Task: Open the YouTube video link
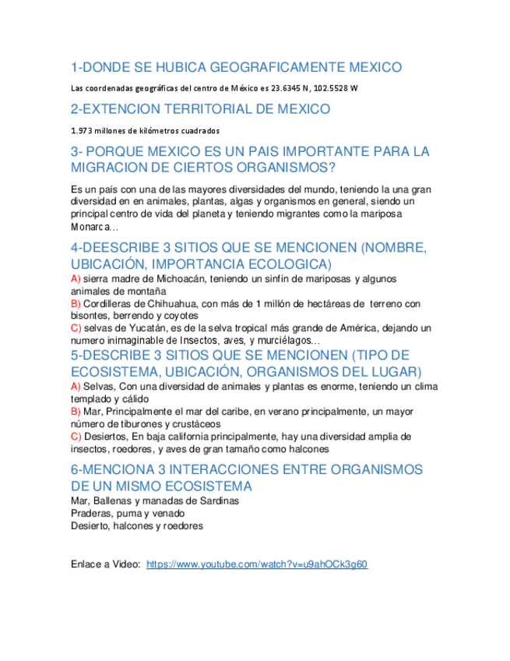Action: coord(257,564)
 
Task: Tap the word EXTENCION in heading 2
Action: coord(125,109)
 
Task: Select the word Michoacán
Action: coord(163,278)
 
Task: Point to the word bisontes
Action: coord(89,316)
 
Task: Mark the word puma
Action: coord(129,514)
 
